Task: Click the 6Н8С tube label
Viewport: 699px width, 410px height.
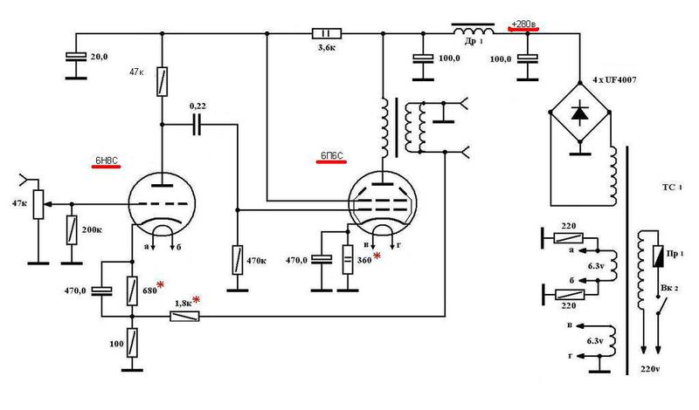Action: click(106, 161)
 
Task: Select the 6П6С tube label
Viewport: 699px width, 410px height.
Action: click(332, 156)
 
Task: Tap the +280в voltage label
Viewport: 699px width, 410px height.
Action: click(523, 24)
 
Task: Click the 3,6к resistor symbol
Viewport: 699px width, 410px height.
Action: click(327, 33)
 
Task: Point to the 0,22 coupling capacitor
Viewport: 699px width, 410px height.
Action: click(197, 125)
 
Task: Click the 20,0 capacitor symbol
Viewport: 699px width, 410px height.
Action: click(76, 57)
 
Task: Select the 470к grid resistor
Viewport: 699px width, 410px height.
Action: click(238, 260)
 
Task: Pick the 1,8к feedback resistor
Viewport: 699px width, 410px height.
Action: click(184, 317)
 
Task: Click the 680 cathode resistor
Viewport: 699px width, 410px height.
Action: click(132, 290)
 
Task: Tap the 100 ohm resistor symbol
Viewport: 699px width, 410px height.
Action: click(132, 343)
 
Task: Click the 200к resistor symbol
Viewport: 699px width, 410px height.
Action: click(72, 229)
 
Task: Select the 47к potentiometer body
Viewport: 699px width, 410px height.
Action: click(38, 204)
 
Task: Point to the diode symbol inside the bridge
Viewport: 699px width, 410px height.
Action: click(579, 113)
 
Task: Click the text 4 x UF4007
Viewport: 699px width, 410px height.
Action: click(614, 80)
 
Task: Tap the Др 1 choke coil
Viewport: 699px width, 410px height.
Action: click(473, 30)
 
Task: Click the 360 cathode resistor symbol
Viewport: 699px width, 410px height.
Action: click(348, 260)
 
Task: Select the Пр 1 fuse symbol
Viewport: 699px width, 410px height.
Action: click(658, 256)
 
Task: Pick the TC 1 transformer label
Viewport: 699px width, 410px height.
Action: click(672, 188)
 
